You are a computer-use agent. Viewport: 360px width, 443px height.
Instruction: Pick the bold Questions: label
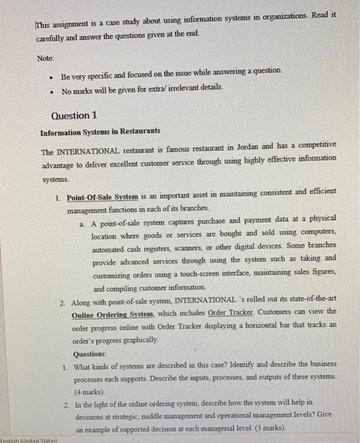(x=90, y=354)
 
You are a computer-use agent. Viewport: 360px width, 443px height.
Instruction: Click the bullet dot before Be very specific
(x=49, y=77)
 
